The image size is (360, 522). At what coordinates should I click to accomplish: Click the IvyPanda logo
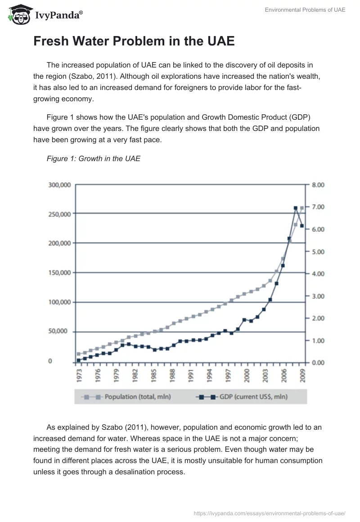point(45,14)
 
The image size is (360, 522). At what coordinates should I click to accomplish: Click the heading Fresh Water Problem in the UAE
point(134,41)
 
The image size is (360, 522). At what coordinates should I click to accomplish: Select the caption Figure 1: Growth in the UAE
point(94,158)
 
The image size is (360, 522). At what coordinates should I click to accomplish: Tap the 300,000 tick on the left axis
point(58,184)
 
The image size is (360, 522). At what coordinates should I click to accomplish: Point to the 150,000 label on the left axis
point(58,273)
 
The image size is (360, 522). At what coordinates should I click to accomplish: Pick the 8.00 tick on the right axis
point(318,184)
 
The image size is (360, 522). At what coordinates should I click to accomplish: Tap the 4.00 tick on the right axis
point(318,274)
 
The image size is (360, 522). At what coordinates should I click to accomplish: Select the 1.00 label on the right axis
point(318,341)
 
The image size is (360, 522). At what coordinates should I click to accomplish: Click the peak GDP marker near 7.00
point(296,208)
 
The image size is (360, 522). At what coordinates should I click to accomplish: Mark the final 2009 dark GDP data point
point(302,225)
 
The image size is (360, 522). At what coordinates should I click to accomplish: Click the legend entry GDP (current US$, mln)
point(243,396)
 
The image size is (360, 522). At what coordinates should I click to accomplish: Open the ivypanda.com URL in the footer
point(269,513)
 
